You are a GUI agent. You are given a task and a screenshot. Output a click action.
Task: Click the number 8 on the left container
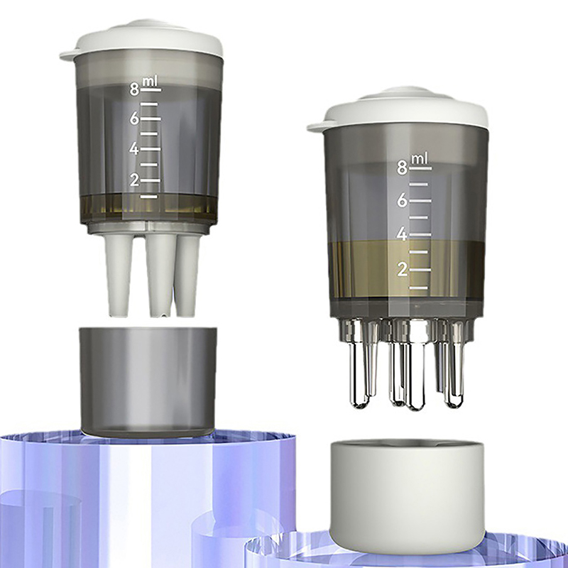click(134, 89)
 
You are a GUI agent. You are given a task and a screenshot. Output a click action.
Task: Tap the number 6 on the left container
click(134, 119)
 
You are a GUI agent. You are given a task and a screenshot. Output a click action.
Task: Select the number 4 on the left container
click(134, 149)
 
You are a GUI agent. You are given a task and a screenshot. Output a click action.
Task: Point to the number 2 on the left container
click(134, 180)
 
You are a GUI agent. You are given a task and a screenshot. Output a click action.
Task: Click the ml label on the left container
click(150, 82)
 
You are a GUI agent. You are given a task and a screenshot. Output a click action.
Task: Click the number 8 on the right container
click(402, 168)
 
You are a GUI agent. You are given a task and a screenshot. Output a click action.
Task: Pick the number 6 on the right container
click(402, 201)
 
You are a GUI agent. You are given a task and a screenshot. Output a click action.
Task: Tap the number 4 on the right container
click(402, 235)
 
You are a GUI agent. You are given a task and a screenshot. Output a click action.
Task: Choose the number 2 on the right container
click(402, 270)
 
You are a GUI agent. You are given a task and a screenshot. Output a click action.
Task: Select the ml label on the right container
click(419, 159)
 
